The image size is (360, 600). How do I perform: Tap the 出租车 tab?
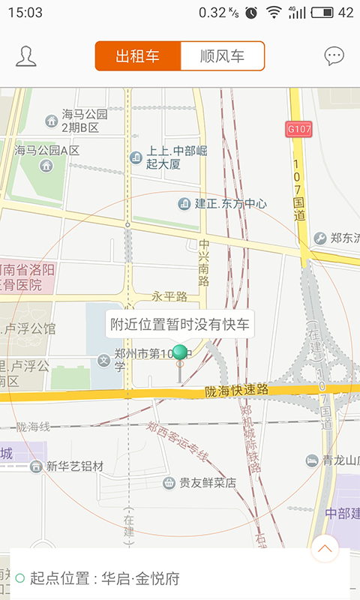[x=138, y=56]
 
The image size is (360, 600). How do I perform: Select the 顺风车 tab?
[x=223, y=56]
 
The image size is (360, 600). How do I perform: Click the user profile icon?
[x=26, y=56]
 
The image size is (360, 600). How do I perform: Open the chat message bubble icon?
[x=334, y=56]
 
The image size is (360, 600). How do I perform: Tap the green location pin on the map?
[x=180, y=353]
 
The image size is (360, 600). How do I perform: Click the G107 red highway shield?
[x=299, y=130]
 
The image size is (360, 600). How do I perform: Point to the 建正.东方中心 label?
[x=231, y=204]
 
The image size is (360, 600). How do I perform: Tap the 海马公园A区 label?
[x=46, y=150]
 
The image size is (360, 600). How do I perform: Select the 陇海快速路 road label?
[x=237, y=391]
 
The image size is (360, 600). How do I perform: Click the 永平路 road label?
[x=169, y=297]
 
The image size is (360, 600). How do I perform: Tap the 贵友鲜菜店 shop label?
[x=207, y=483]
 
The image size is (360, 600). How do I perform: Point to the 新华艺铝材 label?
[x=74, y=466]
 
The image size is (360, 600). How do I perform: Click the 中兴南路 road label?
[x=205, y=262]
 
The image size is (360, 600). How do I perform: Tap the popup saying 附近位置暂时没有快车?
[x=179, y=325]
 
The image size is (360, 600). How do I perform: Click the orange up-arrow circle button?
[x=325, y=548]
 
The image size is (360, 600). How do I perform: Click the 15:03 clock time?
[x=25, y=12]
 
